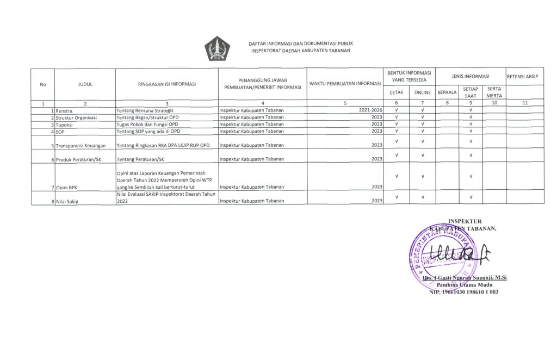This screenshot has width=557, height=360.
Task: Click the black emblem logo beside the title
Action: [216, 48]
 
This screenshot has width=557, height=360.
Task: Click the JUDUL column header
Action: [85, 84]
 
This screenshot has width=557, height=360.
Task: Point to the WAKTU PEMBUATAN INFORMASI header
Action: [344, 84]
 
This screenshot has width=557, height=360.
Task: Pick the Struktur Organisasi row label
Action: [76, 117]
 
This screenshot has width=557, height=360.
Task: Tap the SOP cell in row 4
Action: [60, 131]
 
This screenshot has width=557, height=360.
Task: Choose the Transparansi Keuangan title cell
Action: [81, 145]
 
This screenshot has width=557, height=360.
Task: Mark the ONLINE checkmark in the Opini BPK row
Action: [423, 176]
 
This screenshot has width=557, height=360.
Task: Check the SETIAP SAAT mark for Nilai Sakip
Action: [470, 197]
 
